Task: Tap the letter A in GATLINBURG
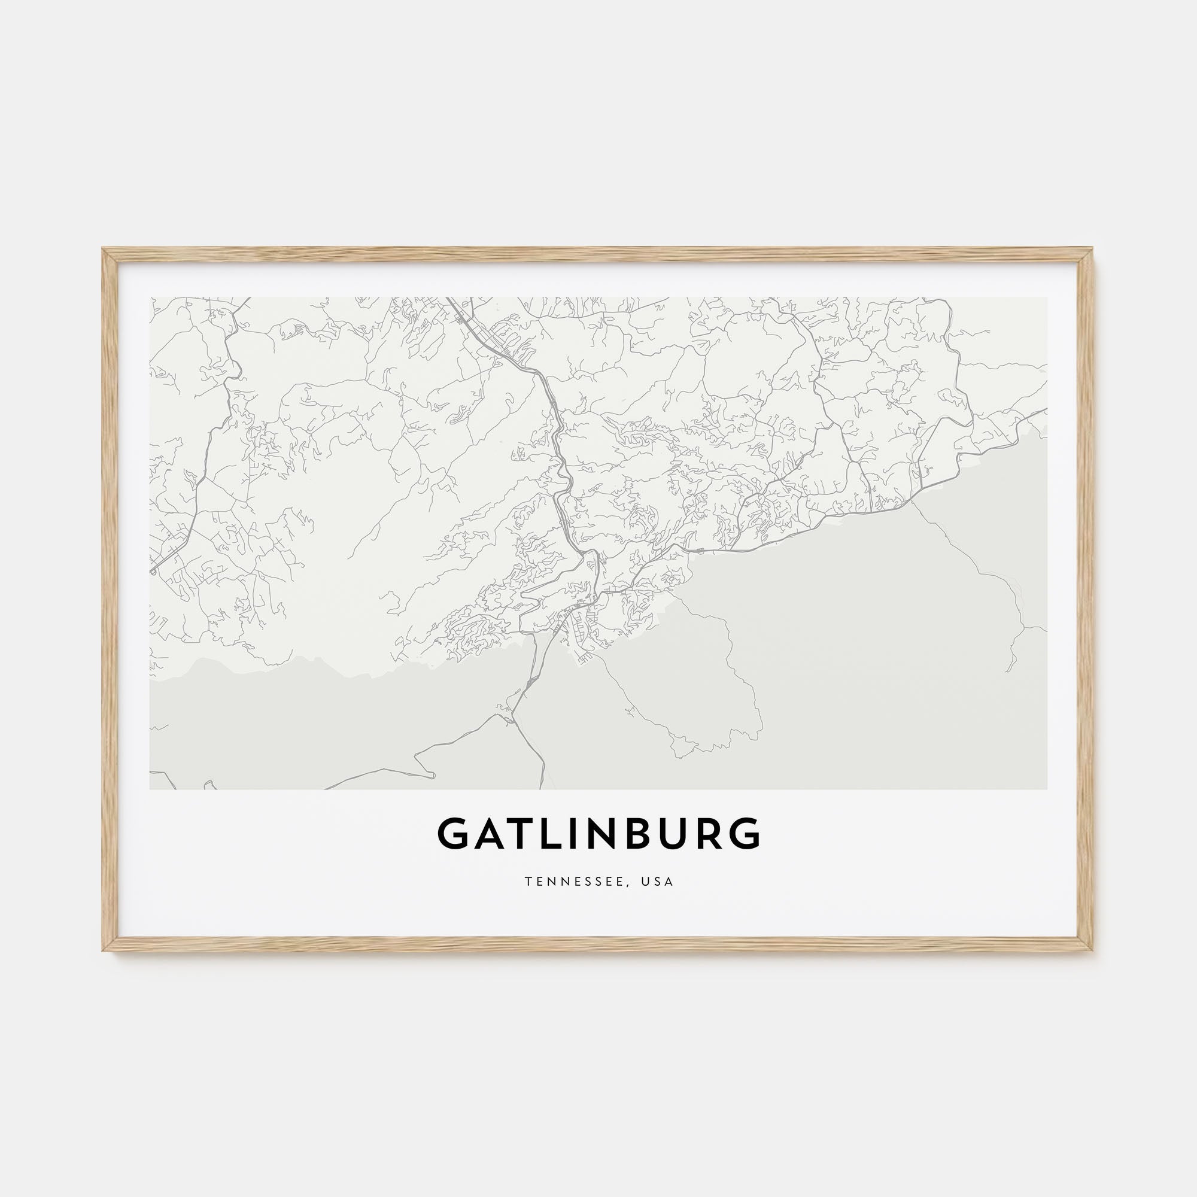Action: click(493, 834)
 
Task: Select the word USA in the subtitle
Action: click(657, 882)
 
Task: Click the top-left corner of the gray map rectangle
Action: click(151, 298)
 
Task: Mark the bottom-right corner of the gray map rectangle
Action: click(1046, 789)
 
